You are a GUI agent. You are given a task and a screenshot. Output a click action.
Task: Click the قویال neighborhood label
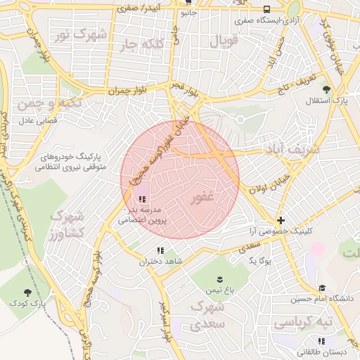pyautogui.click(x=224, y=40)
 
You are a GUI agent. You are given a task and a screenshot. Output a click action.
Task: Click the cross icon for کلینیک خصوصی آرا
pyautogui.click(x=281, y=220)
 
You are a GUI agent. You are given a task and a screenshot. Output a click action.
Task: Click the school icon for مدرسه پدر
pyautogui.click(x=143, y=200)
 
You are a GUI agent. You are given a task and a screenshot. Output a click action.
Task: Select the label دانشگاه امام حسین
pyautogui.click(x=323, y=299)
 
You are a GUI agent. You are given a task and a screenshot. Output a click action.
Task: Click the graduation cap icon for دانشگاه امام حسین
pyautogui.click(x=322, y=288)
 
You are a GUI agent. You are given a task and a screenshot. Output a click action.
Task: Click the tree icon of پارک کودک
pyautogui.click(x=27, y=292)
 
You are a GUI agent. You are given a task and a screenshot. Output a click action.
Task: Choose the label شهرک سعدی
pyautogui.click(x=207, y=316)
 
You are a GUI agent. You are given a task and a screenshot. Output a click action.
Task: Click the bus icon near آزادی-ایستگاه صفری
pyautogui.click(x=266, y=9)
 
